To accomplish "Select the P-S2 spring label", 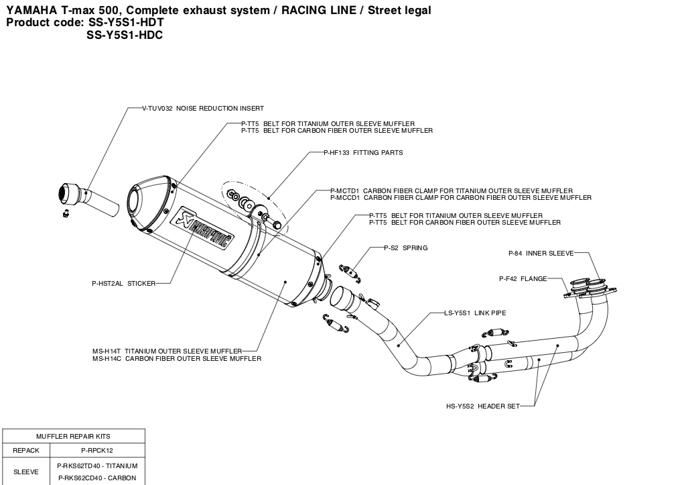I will click(405, 248).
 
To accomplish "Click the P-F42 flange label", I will click(523, 278).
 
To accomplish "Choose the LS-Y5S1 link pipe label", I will click(475, 313).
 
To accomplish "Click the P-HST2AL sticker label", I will click(123, 283).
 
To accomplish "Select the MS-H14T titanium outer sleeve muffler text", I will click(176, 350).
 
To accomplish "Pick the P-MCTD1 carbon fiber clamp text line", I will click(452, 191).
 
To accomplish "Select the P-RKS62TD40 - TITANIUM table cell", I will click(97, 466).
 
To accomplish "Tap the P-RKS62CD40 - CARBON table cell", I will click(97, 478).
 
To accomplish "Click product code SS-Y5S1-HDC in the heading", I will click(125, 35).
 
